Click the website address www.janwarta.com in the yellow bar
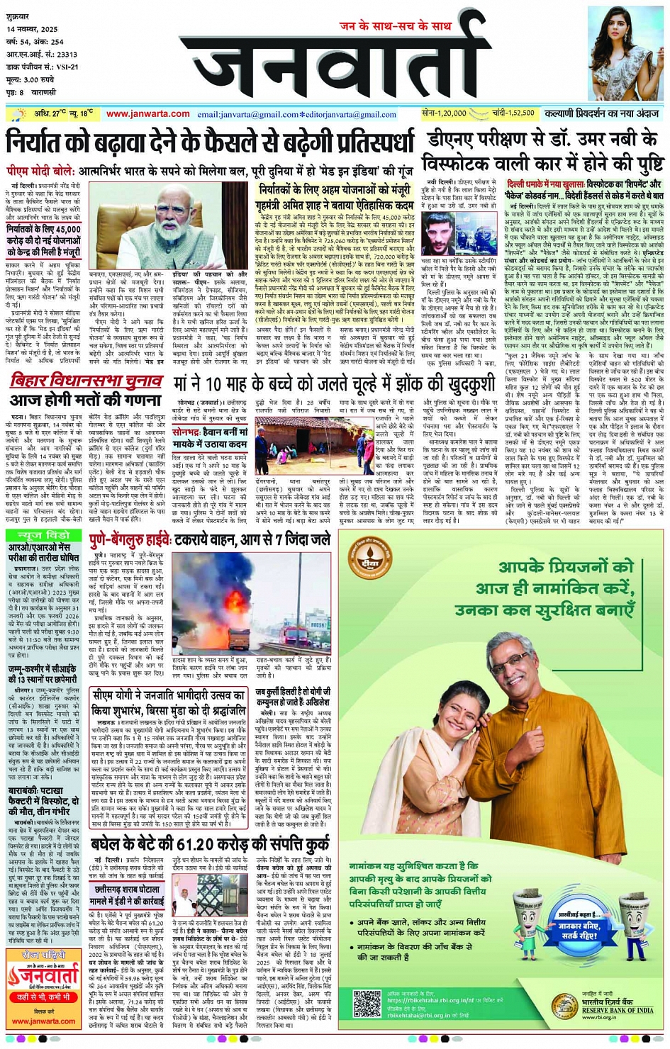(x=147, y=114)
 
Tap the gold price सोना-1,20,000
(x=444, y=113)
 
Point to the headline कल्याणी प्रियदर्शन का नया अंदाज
(x=602, y=113)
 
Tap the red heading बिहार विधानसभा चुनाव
(x=86, y=381)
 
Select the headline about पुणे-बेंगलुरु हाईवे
(x=210, y=540)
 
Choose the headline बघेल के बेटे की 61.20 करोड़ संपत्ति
(x=210, y=844)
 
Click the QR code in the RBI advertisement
(x=367, y=1004)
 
